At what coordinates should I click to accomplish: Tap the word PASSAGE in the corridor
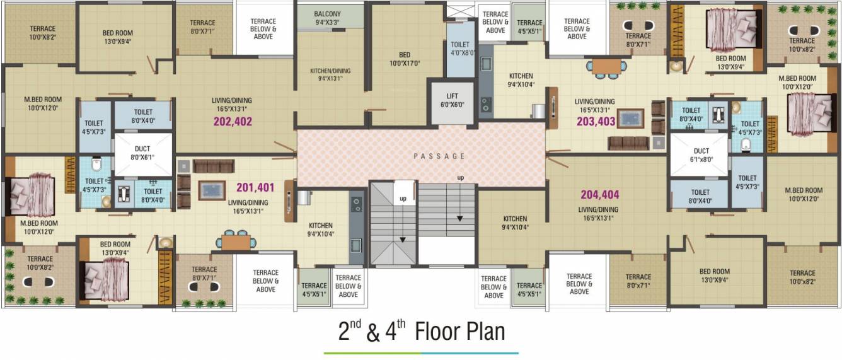point(440,156)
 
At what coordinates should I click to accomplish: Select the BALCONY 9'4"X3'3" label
point(327,18)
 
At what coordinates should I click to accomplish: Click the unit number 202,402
point(233,122)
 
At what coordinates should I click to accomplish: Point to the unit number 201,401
point(255,187)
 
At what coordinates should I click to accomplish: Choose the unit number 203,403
point(596,122)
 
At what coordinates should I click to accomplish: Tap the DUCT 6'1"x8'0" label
point(701,155)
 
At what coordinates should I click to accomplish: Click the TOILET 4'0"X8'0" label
point(460,49)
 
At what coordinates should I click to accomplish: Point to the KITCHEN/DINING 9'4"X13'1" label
point(330,74)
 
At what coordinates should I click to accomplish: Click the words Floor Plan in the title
point(459,332)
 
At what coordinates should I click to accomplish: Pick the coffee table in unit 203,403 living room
point(630,119)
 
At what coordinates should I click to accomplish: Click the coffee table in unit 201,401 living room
point(212,190)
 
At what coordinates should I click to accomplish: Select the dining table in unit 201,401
point(236,241)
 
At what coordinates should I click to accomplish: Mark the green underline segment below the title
point(372,353)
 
